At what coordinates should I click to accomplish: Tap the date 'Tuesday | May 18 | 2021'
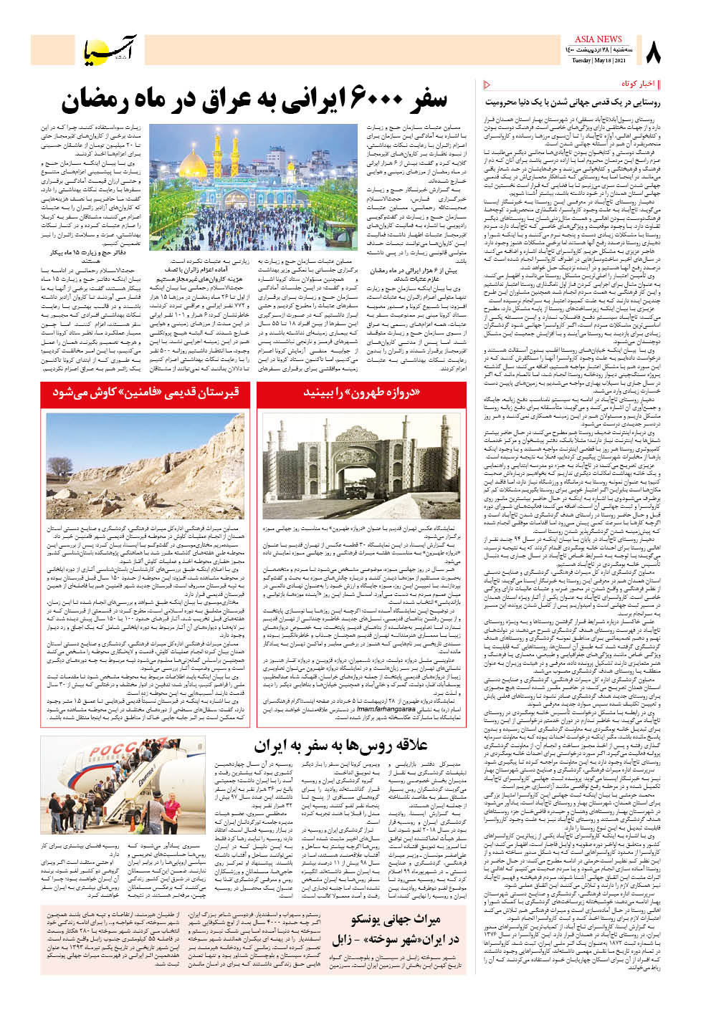click(599, 61)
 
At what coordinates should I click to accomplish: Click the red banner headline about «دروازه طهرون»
click(361, 393)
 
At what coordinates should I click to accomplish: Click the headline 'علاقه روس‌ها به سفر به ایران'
click(340, 746)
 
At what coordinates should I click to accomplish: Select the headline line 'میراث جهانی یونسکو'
click(396, 919)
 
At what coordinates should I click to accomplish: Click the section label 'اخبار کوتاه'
click(638, 84)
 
